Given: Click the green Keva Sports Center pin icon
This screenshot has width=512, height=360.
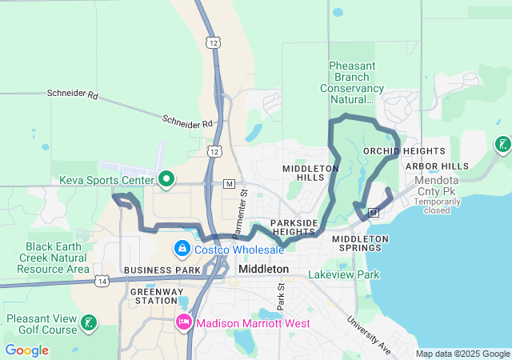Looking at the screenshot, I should pos(166,178).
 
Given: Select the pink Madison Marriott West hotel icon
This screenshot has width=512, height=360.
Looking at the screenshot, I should pos(182,323).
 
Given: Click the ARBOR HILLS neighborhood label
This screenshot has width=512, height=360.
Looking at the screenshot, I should pos(437,166).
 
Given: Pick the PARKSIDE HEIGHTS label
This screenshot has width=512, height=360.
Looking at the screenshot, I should pos(293,227).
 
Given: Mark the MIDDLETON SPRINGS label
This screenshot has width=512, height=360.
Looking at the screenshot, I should pos(360,244).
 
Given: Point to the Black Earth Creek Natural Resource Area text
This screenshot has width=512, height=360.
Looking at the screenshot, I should pos(57,258).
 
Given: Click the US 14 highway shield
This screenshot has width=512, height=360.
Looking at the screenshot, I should pos(102,280).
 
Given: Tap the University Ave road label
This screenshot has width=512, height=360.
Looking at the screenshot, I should pos(368,334).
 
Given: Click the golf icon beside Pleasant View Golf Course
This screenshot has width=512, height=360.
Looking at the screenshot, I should pos(90,323).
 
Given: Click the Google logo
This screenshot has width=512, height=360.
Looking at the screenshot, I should pos(26,350).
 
